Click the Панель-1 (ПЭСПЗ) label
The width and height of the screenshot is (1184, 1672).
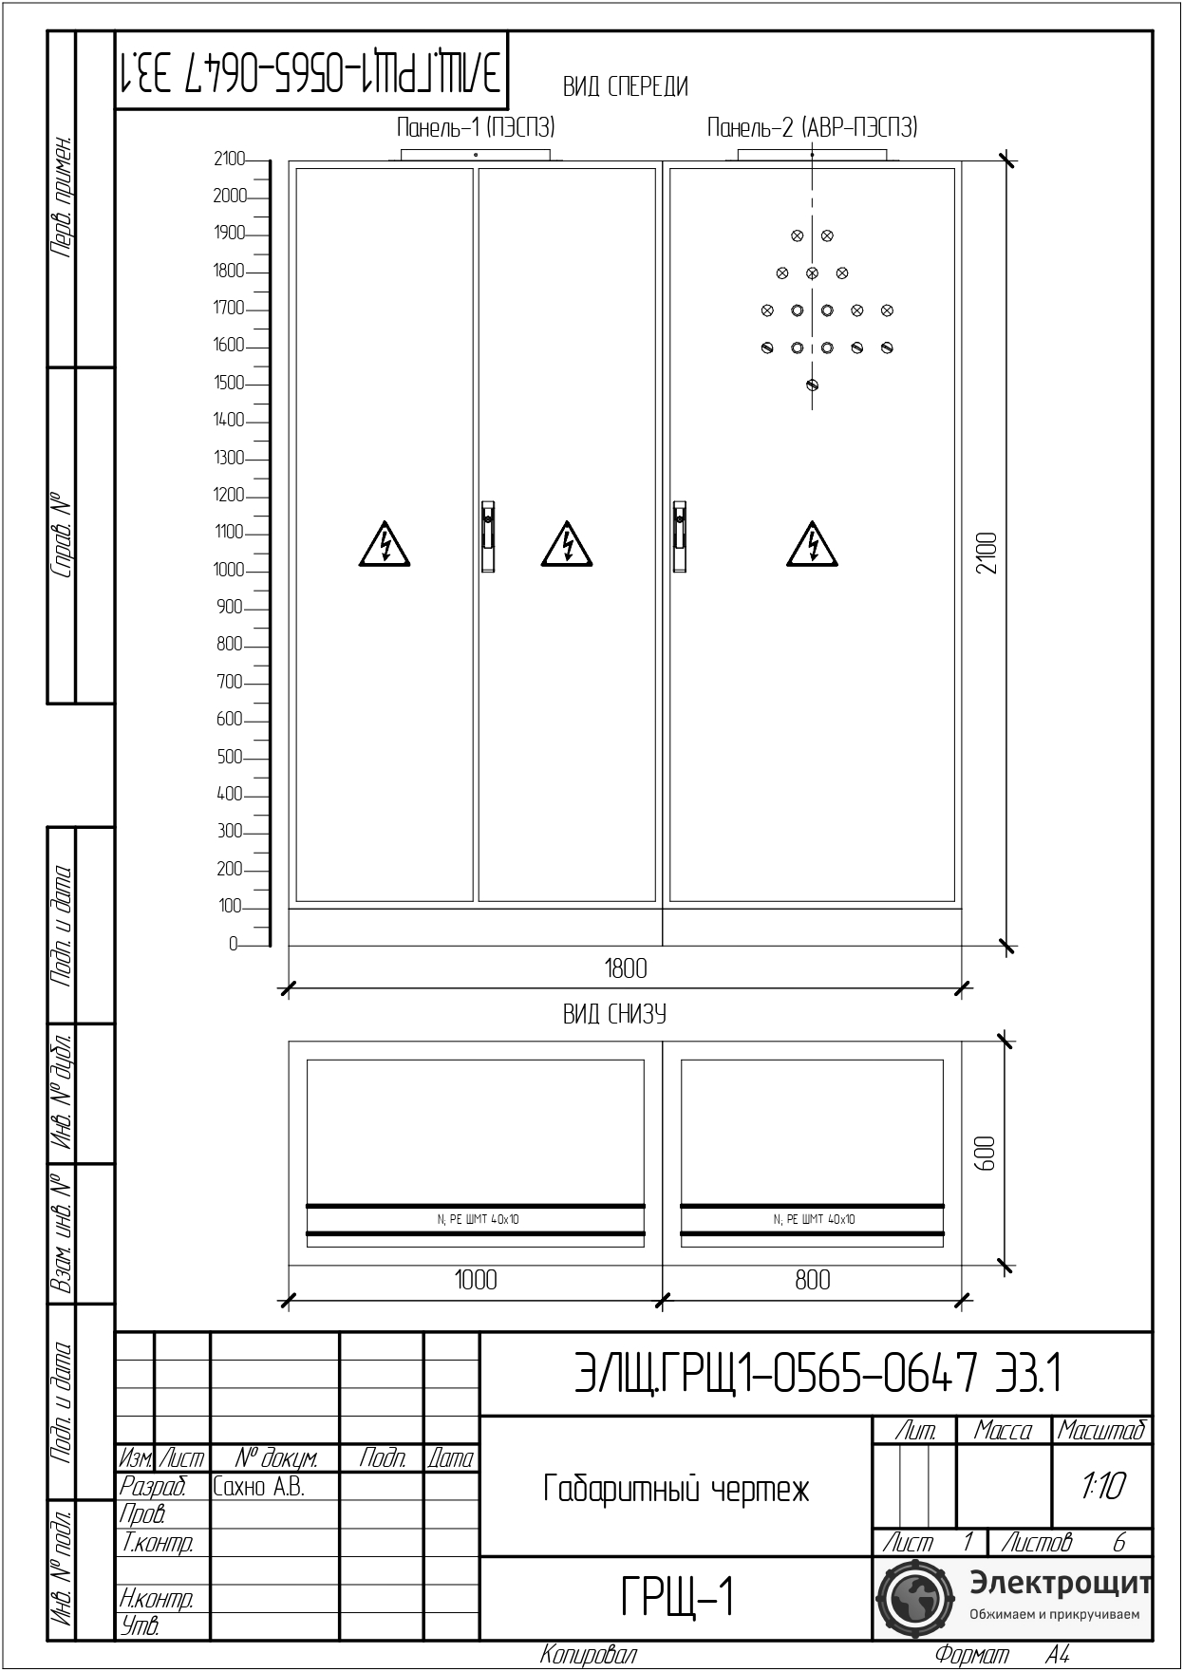(x=475, y=127)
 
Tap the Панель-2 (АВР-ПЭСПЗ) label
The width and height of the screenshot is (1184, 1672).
(x=812, y=127)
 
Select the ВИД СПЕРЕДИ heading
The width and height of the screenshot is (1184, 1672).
(x=625, y=87)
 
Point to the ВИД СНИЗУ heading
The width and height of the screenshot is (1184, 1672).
(x=614, y=1014)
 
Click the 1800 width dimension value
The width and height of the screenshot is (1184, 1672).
(x=626, y=968)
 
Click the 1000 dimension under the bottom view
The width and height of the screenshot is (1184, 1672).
(x=476, y=1280)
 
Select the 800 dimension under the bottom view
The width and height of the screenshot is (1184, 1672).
(x=813, y=1280)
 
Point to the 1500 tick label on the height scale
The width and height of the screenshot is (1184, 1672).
(x=229, y=383)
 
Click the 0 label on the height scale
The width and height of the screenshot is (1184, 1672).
(x=233, y=944)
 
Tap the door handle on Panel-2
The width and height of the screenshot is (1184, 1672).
(x=680, y=536)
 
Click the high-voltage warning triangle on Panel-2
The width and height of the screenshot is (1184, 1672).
(x=813, y=544)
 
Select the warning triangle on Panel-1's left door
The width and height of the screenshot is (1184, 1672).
(x=385, y=544)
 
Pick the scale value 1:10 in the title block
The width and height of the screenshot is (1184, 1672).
(x=1102, y=1487)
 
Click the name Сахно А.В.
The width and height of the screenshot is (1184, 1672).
(x=258, y=1487)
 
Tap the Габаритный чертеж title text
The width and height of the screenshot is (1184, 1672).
(x=676, y=1489)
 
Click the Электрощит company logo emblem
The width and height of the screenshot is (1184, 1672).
(x=912, y=1598)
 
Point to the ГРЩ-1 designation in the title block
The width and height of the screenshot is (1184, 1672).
(x=678, y=1598)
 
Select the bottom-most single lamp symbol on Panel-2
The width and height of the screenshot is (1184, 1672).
(x=812, y=385)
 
